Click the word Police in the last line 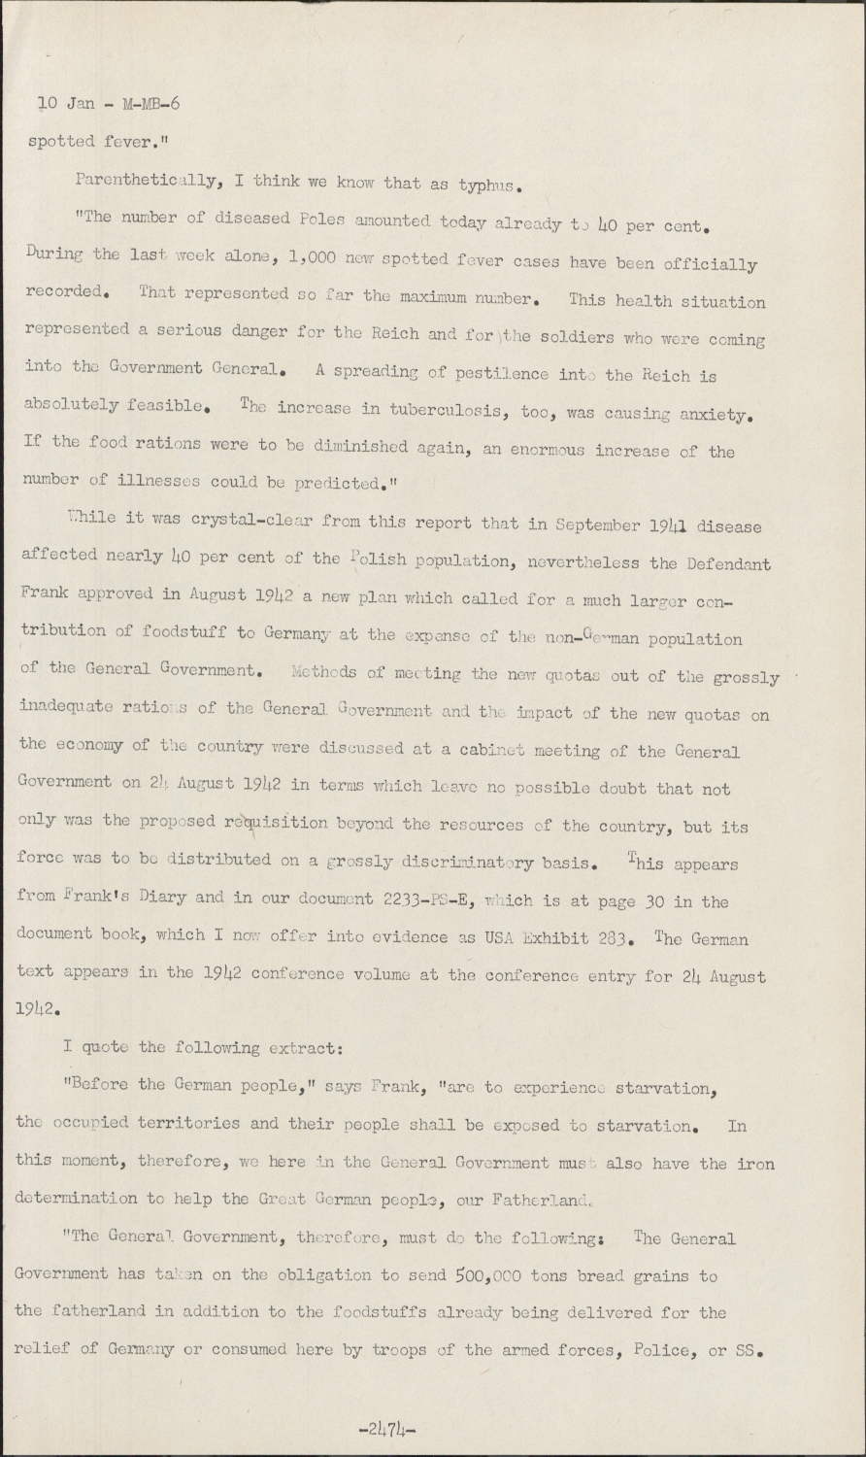pyautogui.click(x=664, y=1349)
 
